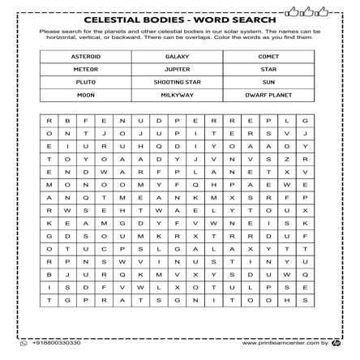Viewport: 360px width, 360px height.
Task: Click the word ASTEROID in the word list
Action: point(86,57)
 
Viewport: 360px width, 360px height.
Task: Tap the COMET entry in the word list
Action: point(268,57)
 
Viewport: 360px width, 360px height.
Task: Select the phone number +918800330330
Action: point(56,343)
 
